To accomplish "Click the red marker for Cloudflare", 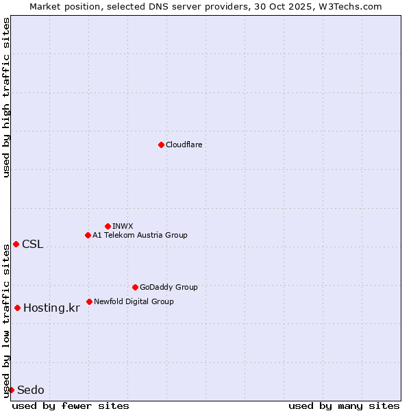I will click(x=161, y=145).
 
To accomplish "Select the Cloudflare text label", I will click(x=184, y=145).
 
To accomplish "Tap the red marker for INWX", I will click(x=108, y=226).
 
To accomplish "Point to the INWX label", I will click(x=123, y=226).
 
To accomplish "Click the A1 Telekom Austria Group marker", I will click(x=88, y=235).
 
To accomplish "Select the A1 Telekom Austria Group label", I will click(x=140, y=235).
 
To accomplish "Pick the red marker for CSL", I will click(x=16, y=244).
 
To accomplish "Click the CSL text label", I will click(x=32, y=245).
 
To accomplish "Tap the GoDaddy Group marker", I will click(x=135, y=287).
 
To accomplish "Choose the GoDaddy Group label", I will click(x=169, y=287).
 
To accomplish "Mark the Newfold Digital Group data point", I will click(x=89, y=301).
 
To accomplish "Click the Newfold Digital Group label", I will click(x=134, y=301).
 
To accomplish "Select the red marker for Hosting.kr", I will click(x=17, y=308).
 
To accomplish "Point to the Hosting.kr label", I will click(x=51, y=308).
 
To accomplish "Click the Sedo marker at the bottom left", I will click(x=11, y=390).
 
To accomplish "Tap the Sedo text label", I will click(x=31, y=390).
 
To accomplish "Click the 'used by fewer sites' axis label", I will click(x=71, y=406).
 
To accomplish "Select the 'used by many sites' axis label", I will click(x=344, y=406).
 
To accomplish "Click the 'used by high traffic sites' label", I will click(x=6, y=97).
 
